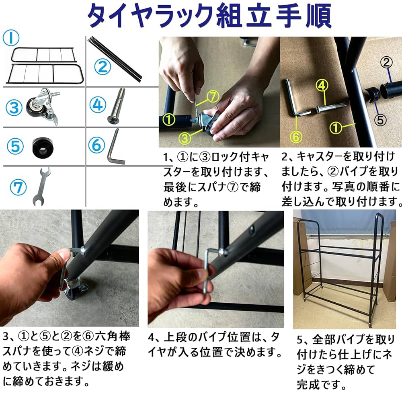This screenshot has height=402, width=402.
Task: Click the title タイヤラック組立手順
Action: pyautogui.click(x=209, y=16)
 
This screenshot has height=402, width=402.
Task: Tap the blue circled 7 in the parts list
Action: pyautogui.click(x=18, y=187)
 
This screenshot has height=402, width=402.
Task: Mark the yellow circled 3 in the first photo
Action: pyautogui.click(x=185, y=138)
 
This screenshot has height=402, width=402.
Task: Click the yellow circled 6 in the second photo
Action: pyautogui.click(x=295, y=137)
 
